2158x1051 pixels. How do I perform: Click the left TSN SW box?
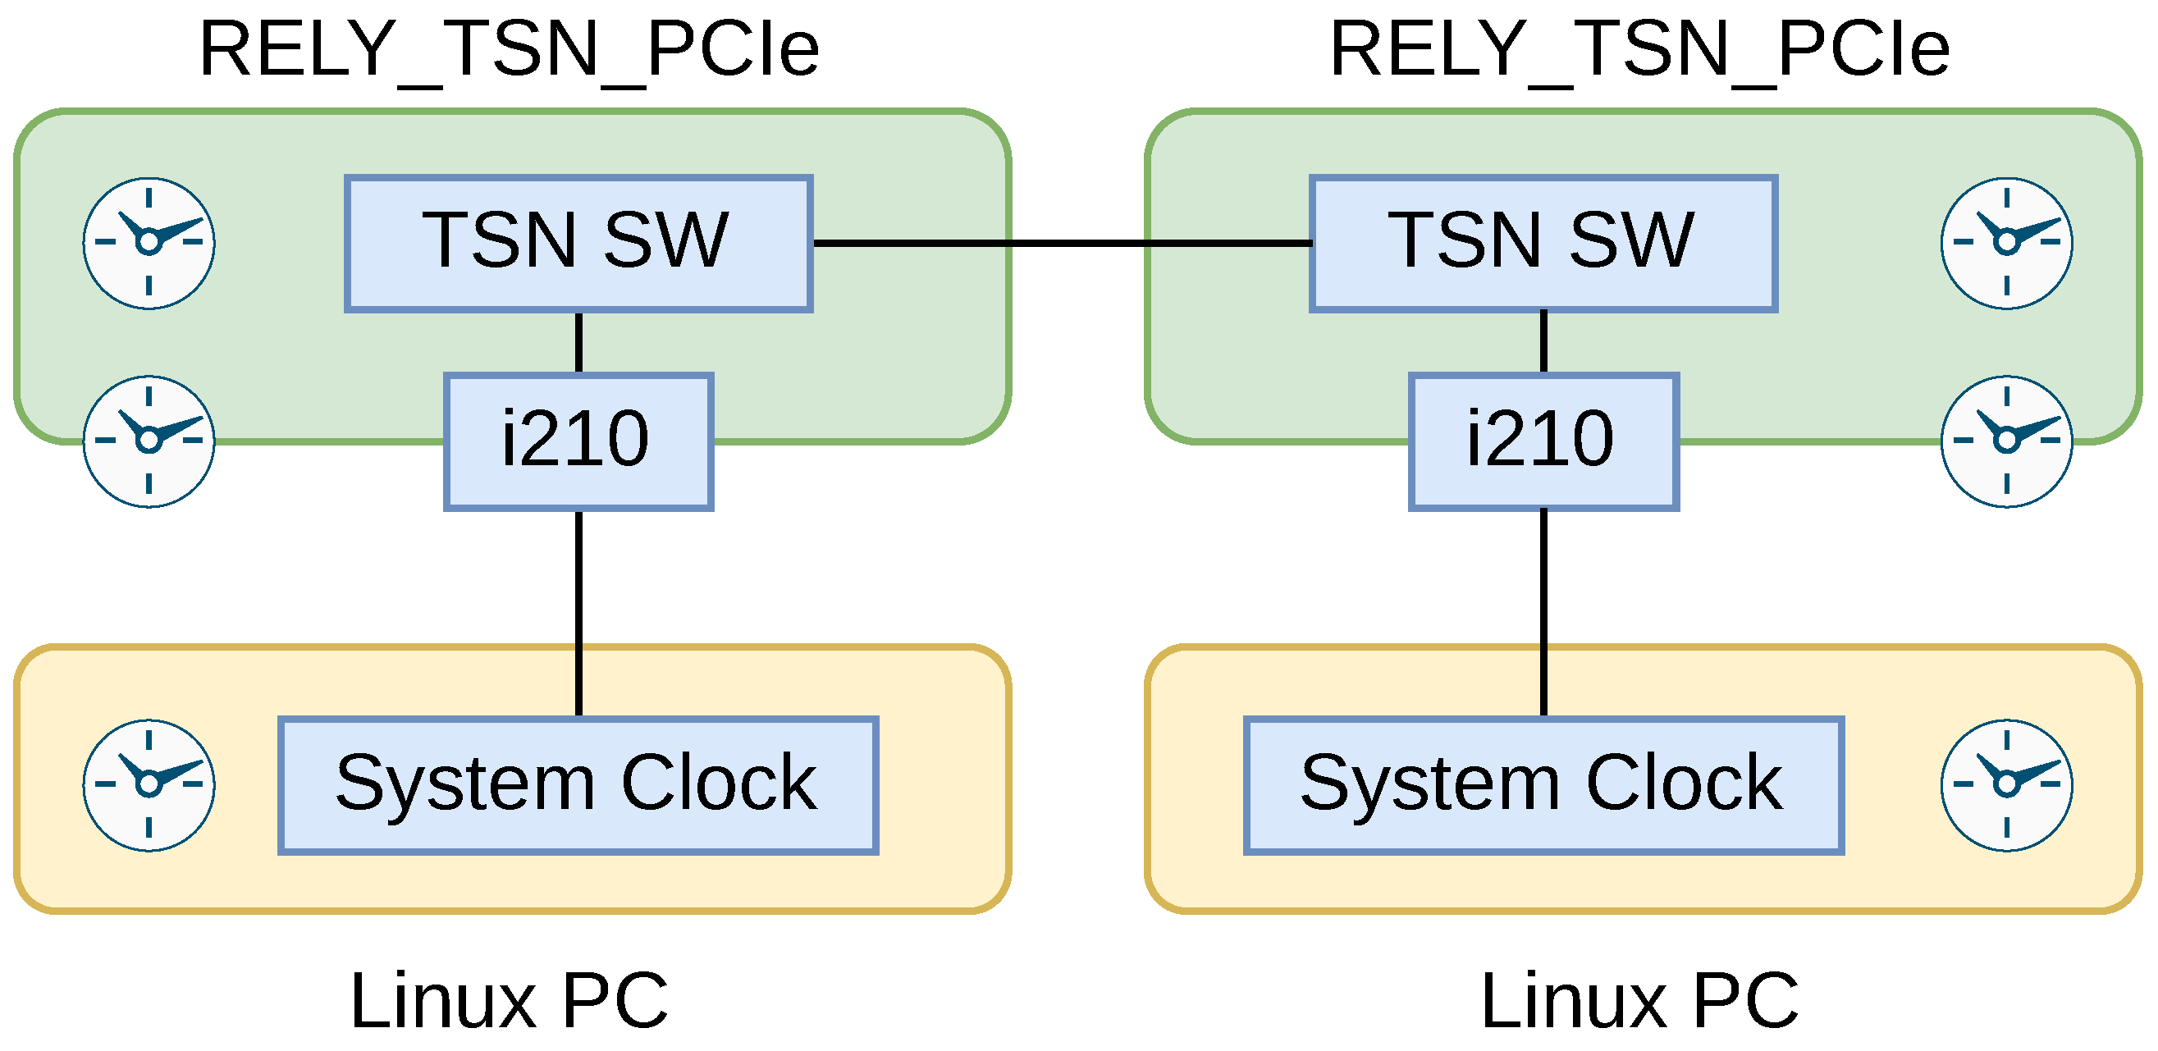[578, 243]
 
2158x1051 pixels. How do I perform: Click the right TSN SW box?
[1543, 243]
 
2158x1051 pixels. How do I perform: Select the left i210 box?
[578, 441]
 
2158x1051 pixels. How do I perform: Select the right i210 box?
[1543, 441]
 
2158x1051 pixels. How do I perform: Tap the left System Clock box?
[578, 784]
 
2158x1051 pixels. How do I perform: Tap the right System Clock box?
[1543, 784]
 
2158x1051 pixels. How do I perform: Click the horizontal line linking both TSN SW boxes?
[1062, 243]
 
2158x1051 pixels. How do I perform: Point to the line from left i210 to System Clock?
[578, 611]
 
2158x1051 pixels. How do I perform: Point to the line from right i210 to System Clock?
[1543, 611]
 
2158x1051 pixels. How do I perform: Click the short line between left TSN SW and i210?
[578, 341]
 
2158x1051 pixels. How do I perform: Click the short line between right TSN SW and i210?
[1543, 341]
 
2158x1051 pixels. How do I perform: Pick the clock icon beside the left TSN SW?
[149, 243]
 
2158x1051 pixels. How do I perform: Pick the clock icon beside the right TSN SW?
[2006, 243]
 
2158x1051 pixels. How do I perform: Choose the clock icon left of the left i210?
[149, 441]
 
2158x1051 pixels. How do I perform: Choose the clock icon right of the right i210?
[2006, 441]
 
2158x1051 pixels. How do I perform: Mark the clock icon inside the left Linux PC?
[149, 784]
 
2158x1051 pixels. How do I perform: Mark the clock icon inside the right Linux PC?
[2006, 784]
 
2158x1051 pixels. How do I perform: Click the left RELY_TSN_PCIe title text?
[510, 50]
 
